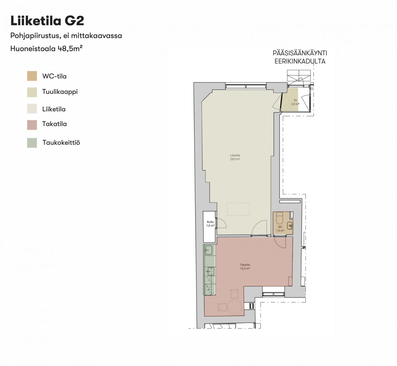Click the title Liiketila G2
[47, 21]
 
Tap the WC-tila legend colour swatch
[32, 76]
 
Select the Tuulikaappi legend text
[60, 92]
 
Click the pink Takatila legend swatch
[32, 125]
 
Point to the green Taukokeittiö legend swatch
[32, 143]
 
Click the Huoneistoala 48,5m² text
[46, 49]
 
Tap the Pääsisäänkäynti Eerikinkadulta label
[300, 57]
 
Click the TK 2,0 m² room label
[295, 102]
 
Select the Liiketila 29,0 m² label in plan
[235, 157]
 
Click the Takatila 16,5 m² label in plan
[245, 267]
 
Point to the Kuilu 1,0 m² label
[210, 224]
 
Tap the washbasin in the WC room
[290, 226]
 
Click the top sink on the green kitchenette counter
[209, 250]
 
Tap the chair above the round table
[235, 293]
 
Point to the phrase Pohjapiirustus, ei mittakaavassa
[66, 36]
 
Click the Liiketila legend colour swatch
[32, 109]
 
